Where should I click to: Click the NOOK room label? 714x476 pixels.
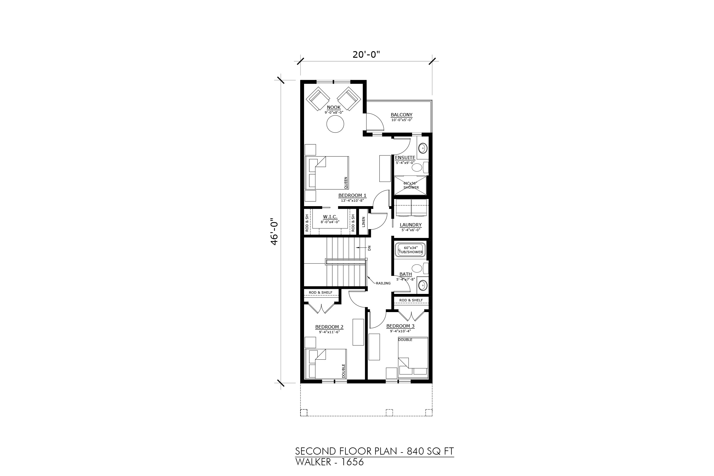click(x=333, y=107)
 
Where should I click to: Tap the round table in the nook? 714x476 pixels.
click(x=335, y=124)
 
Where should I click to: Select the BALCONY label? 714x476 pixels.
click(x=401, y=115)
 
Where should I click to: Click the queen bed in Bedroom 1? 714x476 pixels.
click(x=327, y=173)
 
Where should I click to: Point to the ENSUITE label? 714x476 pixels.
click(x=405, y=158)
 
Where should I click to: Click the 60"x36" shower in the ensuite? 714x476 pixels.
click(x=411, y=185)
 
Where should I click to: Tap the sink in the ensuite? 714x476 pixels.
click(x=422, y=148)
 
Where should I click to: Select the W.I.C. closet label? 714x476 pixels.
click(x=330, y=217)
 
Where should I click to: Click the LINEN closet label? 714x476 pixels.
click(x=363, y=222)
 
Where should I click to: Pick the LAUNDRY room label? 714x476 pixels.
click(x=411, y=225)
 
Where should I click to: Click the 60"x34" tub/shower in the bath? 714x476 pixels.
click(x=411, y=250)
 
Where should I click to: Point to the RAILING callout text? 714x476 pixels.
click(x=383, y=283)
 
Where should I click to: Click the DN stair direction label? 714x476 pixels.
click(x=369, y=248)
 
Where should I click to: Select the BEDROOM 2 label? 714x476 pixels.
click(x=329, y=327)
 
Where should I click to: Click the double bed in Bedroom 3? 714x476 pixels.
click(x=413, y=358)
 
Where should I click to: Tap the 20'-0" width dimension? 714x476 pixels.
click(x=367, y=55)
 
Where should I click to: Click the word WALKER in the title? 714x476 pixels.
click(x=313, y=462)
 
